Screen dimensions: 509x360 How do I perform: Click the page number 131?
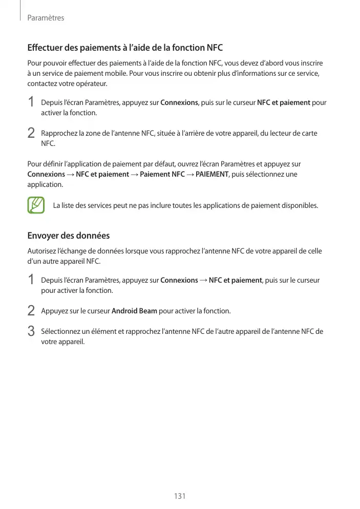[x=179, y=497]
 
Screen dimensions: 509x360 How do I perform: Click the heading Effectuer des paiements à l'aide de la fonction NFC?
[x=125, y=48]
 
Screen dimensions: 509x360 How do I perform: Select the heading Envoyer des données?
[x=68, y=236]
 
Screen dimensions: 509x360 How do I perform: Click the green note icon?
[x=36, y=205]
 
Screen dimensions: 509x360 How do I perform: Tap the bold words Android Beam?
[x=134, y=311]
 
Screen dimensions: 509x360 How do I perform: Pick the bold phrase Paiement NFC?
[x=162, y=174]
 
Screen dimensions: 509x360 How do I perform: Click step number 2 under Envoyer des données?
[x=31, y=311]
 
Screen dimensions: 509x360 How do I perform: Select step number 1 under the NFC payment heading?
[x=31, y=103]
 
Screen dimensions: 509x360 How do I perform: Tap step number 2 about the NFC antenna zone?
[x=31, y=134]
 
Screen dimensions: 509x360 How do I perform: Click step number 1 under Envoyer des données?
[x=31, y=281]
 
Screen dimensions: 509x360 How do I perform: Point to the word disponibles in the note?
[x=300, y=206]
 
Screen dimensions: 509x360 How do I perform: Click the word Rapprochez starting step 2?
[x=59, y=133]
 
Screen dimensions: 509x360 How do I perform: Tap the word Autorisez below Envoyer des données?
[x=43, y=251]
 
